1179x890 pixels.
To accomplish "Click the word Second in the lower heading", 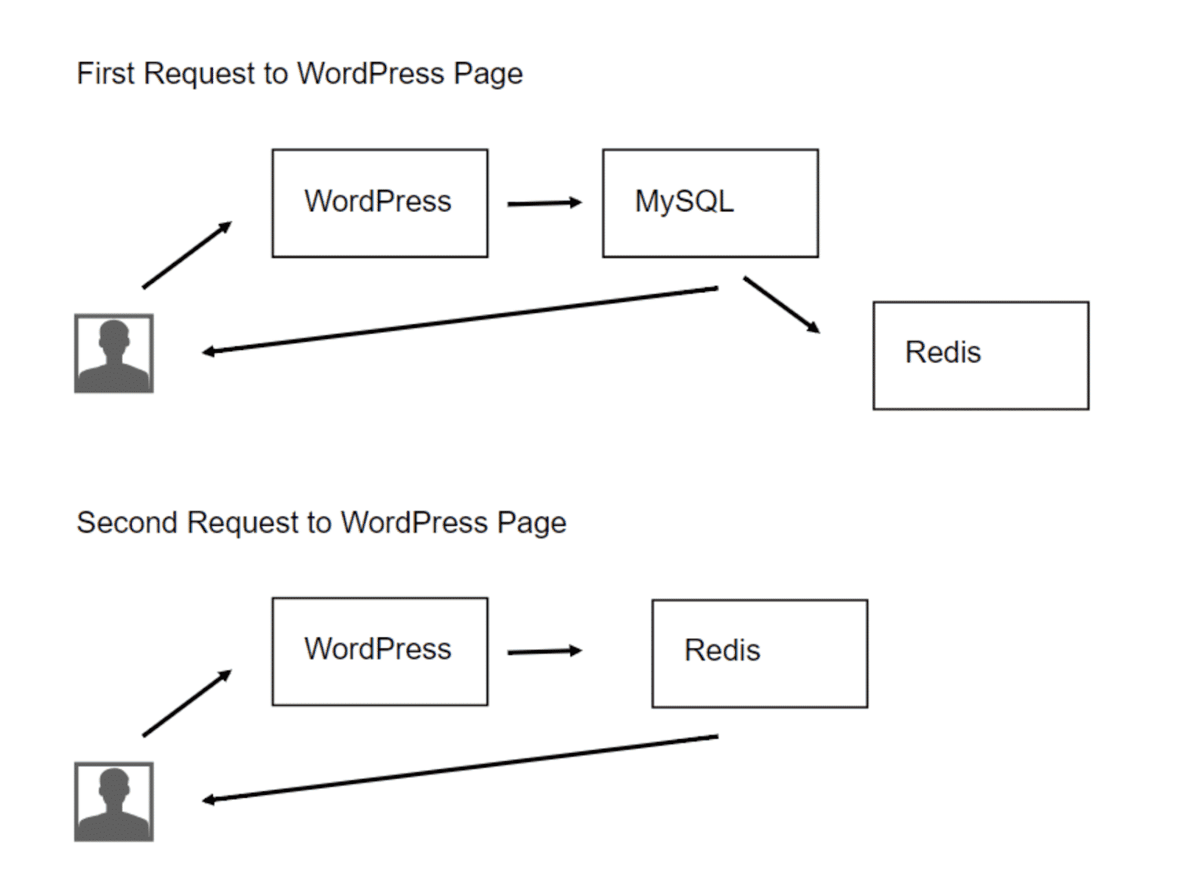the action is point(127,522).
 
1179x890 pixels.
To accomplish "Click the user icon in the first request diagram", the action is point(114,353).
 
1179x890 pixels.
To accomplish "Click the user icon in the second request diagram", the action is point(114,802).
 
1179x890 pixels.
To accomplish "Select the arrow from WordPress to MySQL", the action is point(545,203).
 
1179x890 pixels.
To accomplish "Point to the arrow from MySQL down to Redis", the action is point(782,304).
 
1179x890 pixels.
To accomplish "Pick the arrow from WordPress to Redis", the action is point(545,651).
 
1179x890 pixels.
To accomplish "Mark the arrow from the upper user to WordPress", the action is point(187,254).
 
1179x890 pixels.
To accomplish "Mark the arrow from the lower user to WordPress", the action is point(187,703).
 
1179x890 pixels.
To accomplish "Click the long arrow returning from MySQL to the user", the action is point(460,320).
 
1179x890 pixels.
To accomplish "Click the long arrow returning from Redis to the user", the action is point(460,769).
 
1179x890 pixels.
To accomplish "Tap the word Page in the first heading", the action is point(488,74).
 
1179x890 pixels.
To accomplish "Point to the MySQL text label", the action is point(685,202).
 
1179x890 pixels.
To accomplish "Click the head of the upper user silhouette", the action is point(114,335).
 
